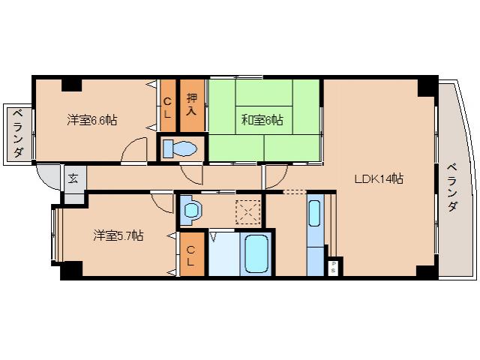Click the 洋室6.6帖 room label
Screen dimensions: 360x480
(x=91, y=119)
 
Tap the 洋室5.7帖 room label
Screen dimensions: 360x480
(x=118, y=235)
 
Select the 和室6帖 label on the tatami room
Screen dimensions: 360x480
(x=262, y=119)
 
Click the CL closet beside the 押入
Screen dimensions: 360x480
(x=168, y=107)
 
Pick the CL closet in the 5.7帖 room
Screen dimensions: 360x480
(x=192, y=255)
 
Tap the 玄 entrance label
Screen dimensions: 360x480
(x=74, y=178)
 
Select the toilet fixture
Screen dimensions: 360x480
(x=178, y=148)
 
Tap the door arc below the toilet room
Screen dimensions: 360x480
(x=194, y=175)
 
